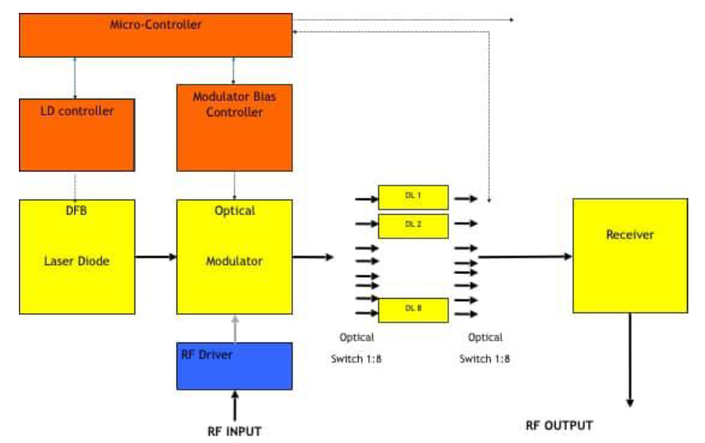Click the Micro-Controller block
155,35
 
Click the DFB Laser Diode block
77,257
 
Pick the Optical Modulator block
234,257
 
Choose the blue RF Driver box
234,366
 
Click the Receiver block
630,255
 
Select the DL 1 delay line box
413,197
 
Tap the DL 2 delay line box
413,225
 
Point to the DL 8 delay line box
413,309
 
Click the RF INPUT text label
234,431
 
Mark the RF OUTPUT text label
559,425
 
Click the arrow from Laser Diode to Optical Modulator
155,257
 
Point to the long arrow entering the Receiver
525,257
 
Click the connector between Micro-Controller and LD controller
74,78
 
